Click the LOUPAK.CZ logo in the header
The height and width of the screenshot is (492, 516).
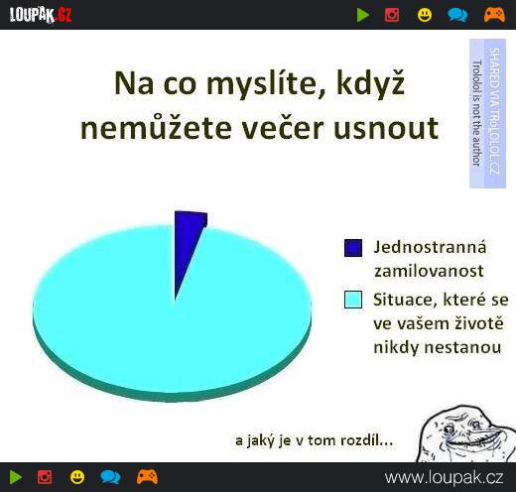coord(41,15)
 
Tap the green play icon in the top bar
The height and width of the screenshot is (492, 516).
coord(363,15)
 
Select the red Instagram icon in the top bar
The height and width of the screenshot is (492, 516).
coord(392,15)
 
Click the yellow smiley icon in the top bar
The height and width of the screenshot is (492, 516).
coord(425,15)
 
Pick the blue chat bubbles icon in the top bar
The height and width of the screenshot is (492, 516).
coord(457,15)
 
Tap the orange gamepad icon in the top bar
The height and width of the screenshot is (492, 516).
coord(494,15)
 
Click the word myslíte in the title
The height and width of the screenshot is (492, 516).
coord(260,84)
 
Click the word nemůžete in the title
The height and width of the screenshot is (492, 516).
coord(156,127)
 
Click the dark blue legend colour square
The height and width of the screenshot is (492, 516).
coord(353,248)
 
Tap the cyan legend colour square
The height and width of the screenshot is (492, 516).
coord(353,300)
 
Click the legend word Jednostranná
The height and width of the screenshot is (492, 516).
coord(430,247)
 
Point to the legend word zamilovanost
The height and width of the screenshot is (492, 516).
coord(429,271)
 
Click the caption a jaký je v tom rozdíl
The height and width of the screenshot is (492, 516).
coord(314,440)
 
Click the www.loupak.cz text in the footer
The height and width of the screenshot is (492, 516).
coord(444,478)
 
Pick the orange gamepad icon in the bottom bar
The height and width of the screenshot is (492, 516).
coord(147,477)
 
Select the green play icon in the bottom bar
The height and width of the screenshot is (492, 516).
coord(16,477)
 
